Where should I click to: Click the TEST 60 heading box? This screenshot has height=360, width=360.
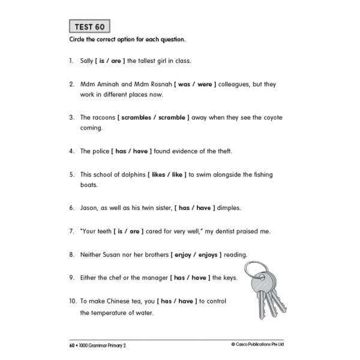tap(89, 27)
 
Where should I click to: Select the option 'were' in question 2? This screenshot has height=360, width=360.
tap(204, 85)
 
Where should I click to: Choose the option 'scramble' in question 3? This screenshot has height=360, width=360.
tap(172, 118)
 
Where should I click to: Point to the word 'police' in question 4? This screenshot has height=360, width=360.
tap(103, 151)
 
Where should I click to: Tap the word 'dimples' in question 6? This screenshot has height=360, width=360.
tap(229, 208)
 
